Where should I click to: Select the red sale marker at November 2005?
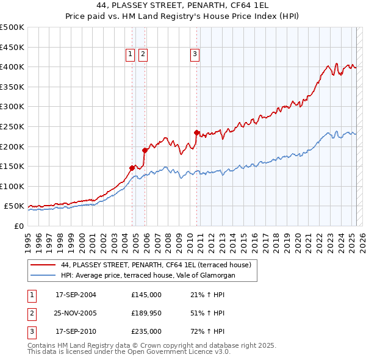pyautogui.click(x=145, y=149)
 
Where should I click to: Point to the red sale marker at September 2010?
pyautogui.click(x=196, y=132)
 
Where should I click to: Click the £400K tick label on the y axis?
pyautogui.click(x=12, y=67)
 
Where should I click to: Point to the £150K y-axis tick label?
pyautogui.click(x=12, y=166)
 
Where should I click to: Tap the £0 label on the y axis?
pyautogui.click(x=19, y=226)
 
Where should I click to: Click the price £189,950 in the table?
pyautogui.click(x=146, y=313)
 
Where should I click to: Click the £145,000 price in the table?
pyautogui.click(x=146, y=295)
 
